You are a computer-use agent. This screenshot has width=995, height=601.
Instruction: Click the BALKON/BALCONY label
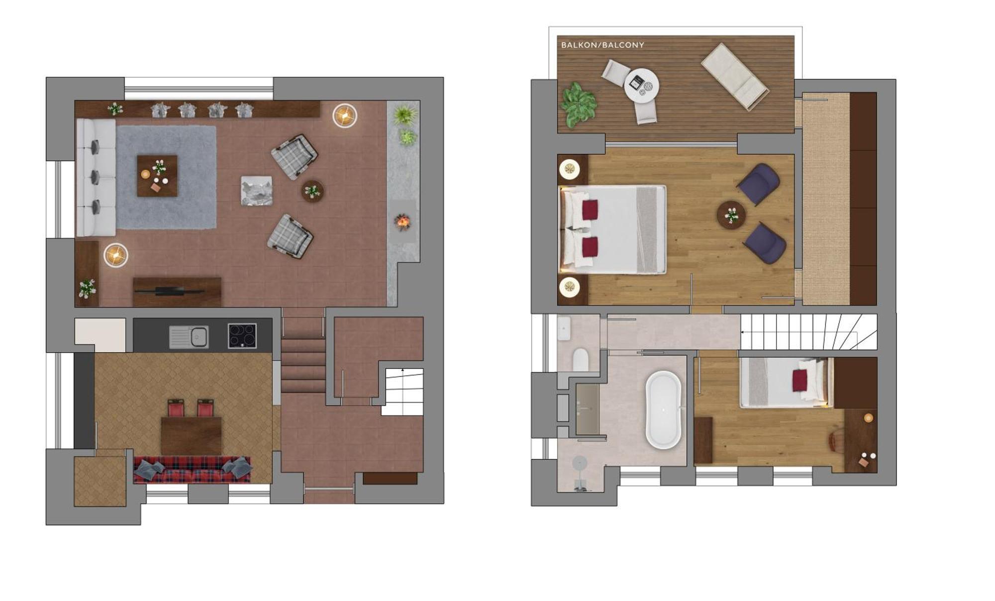click(x=602, y=45)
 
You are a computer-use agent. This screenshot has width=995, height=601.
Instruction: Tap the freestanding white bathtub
click(x=663, y=409)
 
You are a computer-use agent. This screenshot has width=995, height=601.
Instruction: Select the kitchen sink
click(x=189, y=337)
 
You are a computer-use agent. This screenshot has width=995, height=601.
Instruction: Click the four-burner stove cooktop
click(x=242, y=335)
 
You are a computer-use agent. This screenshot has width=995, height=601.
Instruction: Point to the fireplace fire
click(x=402, y=221)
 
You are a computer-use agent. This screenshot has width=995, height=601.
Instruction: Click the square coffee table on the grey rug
click(x=157, y=176)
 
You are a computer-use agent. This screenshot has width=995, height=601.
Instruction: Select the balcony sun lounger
click(x=735, y=76)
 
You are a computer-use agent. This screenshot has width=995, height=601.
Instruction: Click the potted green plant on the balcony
click(x=578, y=104)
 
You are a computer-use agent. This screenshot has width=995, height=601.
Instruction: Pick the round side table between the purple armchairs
click(x=731, y=215)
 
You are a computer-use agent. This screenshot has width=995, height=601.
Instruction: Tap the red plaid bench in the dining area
click(x=192, y=470)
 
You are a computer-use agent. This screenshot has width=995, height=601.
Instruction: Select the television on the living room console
click(x=169, y=290)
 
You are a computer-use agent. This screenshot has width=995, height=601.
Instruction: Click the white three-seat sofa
click(x=96, y=177)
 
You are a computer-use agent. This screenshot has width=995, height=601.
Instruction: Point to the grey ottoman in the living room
click(x=257, y=191)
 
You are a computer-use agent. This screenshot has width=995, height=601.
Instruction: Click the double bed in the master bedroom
click(x=613, y=229)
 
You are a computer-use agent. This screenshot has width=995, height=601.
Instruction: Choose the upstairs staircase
click(x=809, y=332)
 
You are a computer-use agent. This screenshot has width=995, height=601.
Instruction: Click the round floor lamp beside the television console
click(x=116, y=256)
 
